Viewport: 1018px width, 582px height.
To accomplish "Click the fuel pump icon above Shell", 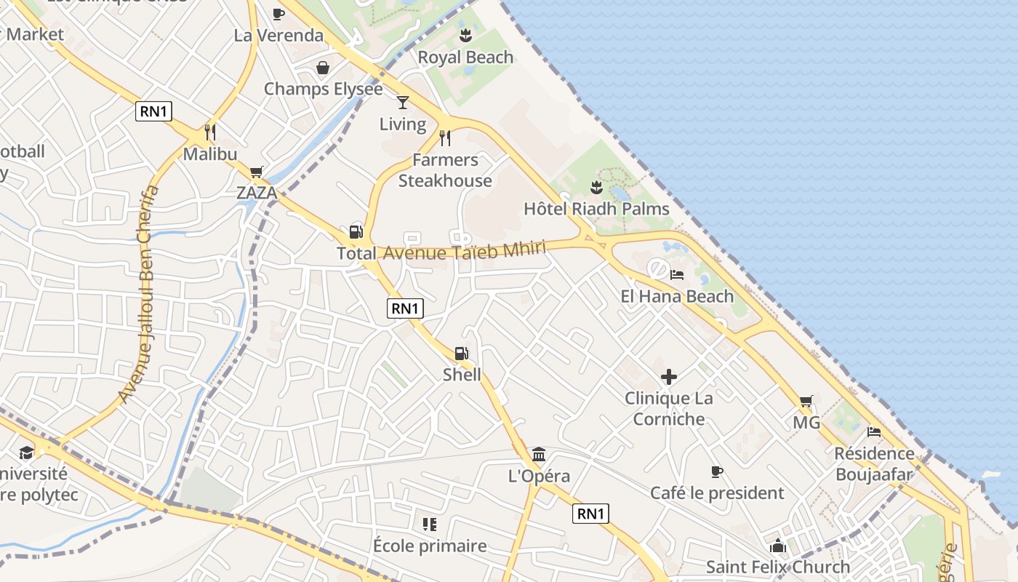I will click(461, 354).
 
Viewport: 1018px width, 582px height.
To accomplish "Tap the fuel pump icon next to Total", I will click(356, 232).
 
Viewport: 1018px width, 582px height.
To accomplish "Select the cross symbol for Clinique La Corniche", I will click(668, 377).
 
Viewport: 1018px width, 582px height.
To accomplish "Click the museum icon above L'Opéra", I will click(539, 455).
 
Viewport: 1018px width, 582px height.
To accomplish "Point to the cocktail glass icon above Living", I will click(403, 103).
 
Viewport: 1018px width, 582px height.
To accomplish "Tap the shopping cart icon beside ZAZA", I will click(256, 172).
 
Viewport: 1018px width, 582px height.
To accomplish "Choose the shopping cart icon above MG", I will click(806, 401).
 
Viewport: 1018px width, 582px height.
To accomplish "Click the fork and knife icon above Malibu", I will click(210, 132).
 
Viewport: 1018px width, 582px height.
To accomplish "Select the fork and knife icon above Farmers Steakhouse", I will click(445, 137).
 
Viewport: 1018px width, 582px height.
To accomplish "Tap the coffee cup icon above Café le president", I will click(717, 471).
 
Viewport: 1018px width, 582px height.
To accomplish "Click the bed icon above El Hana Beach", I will click(677, 275).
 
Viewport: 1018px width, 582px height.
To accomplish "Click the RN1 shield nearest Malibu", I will click(153, 111).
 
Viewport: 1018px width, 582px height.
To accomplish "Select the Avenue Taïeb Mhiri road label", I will click(464, 252).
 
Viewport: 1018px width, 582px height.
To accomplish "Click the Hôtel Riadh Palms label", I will click(596, 210).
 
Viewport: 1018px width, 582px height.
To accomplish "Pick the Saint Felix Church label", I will click(778, 567).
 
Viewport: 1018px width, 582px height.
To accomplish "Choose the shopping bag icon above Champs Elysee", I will click(322, 68).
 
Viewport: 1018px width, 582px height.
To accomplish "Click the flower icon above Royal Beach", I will click(465, 36).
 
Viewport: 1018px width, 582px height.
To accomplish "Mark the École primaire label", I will click(430, 546).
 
